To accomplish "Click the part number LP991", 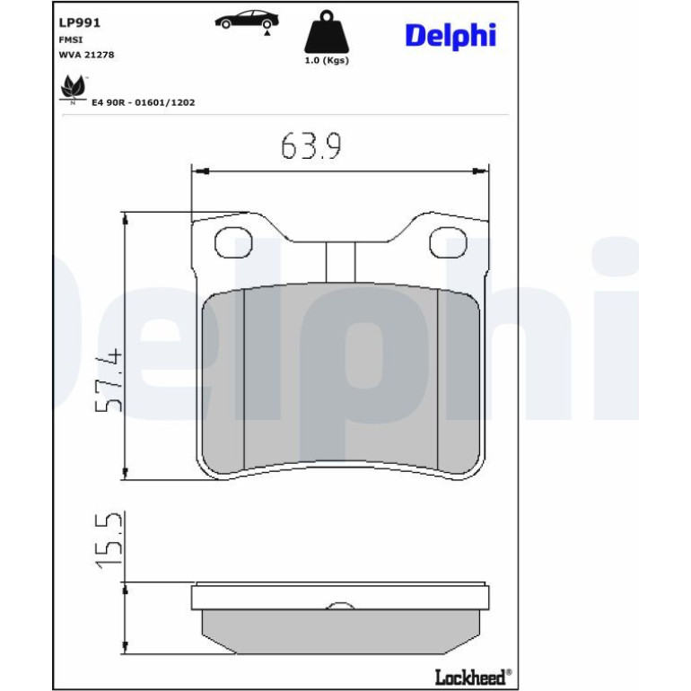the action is tap(79, 22).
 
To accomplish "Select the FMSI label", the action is tap(71, 39).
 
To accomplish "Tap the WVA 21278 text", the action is tap(86, 55).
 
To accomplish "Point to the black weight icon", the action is tap(327, 31).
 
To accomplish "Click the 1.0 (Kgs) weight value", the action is tap(327, 60).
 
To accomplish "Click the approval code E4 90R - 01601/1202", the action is tap(144, 102).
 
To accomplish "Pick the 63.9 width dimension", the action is tap(311, 146).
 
